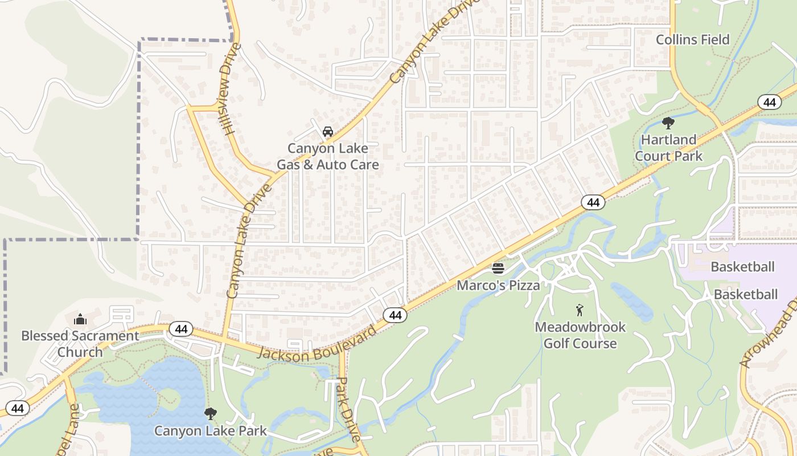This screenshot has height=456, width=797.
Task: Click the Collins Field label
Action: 692,40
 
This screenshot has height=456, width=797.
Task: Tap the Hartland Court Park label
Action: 668,148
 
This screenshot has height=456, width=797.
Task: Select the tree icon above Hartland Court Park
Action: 668,123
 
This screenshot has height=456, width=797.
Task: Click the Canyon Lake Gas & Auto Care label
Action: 327,156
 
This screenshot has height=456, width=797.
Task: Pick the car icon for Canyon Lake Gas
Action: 327,132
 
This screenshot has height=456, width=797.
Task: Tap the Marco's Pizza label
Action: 498,285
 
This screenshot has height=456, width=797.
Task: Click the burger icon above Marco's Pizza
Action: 498,268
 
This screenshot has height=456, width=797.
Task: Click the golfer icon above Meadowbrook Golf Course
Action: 580,310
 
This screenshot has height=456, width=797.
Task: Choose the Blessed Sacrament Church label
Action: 80,344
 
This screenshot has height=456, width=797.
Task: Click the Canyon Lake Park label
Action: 210,430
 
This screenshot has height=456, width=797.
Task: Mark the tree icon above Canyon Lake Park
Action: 210,413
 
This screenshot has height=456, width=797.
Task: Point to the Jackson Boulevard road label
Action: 317,344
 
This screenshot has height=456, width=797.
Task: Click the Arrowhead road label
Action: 768,333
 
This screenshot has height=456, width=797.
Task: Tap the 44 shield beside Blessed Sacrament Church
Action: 180,329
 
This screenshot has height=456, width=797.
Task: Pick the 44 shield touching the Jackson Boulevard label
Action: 395,315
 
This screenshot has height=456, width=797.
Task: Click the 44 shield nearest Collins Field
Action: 769,103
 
